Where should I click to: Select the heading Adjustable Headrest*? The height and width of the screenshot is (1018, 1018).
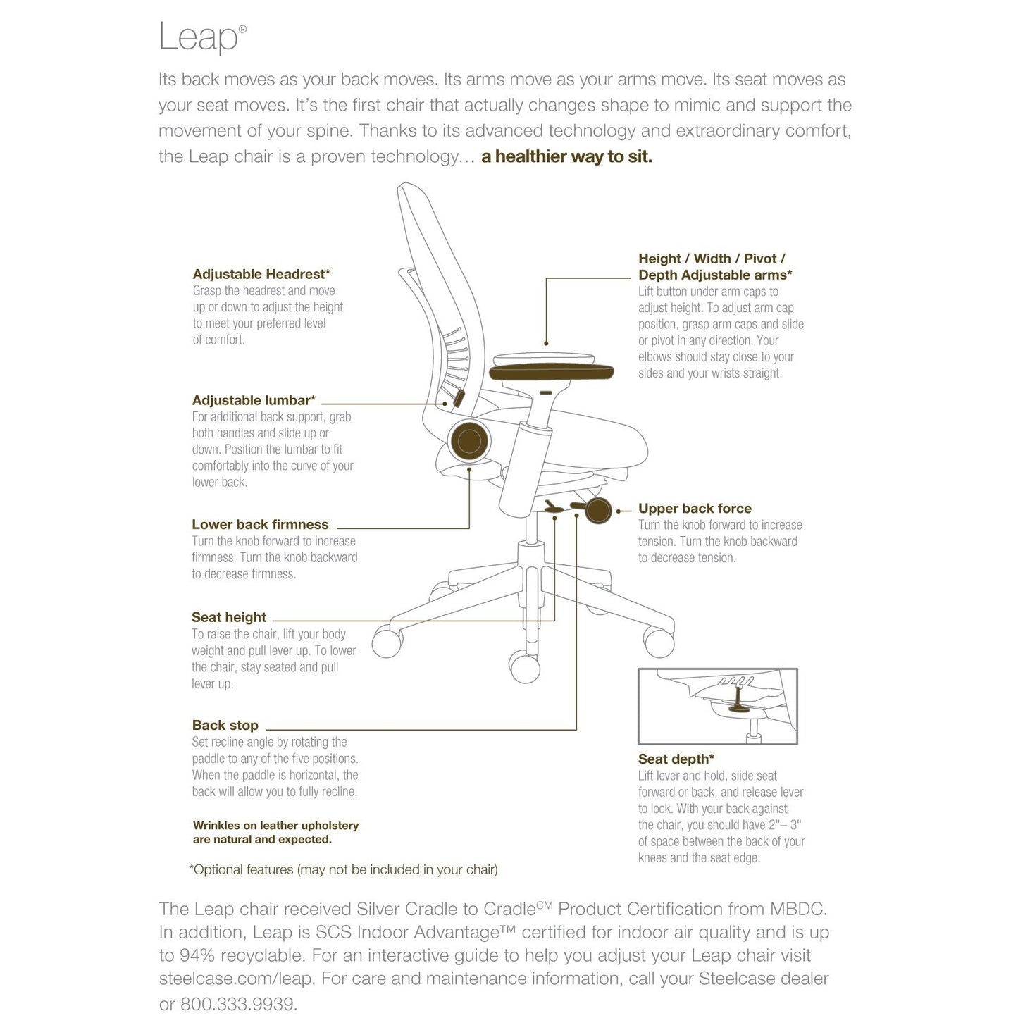[261, 274]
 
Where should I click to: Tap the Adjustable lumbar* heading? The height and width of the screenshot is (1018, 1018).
[254, 400]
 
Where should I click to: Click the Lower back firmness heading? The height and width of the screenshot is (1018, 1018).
[260, 525]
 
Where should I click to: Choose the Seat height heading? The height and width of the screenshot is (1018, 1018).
[229, 617]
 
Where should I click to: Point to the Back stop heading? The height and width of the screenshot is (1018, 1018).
[225, 725]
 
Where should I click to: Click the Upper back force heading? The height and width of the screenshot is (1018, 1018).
[695, 508]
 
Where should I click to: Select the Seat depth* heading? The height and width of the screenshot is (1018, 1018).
[676, 759]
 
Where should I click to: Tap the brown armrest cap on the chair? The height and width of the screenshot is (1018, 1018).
[552, 371]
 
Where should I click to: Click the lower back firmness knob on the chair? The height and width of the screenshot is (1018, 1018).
[468, 441]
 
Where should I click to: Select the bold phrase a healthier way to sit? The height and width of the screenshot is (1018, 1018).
[566, 156]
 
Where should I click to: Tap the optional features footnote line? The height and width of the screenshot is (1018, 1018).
[343, 869]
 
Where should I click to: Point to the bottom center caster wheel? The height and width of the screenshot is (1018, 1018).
[524, 666]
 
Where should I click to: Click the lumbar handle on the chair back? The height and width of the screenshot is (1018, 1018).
[458, 399]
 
